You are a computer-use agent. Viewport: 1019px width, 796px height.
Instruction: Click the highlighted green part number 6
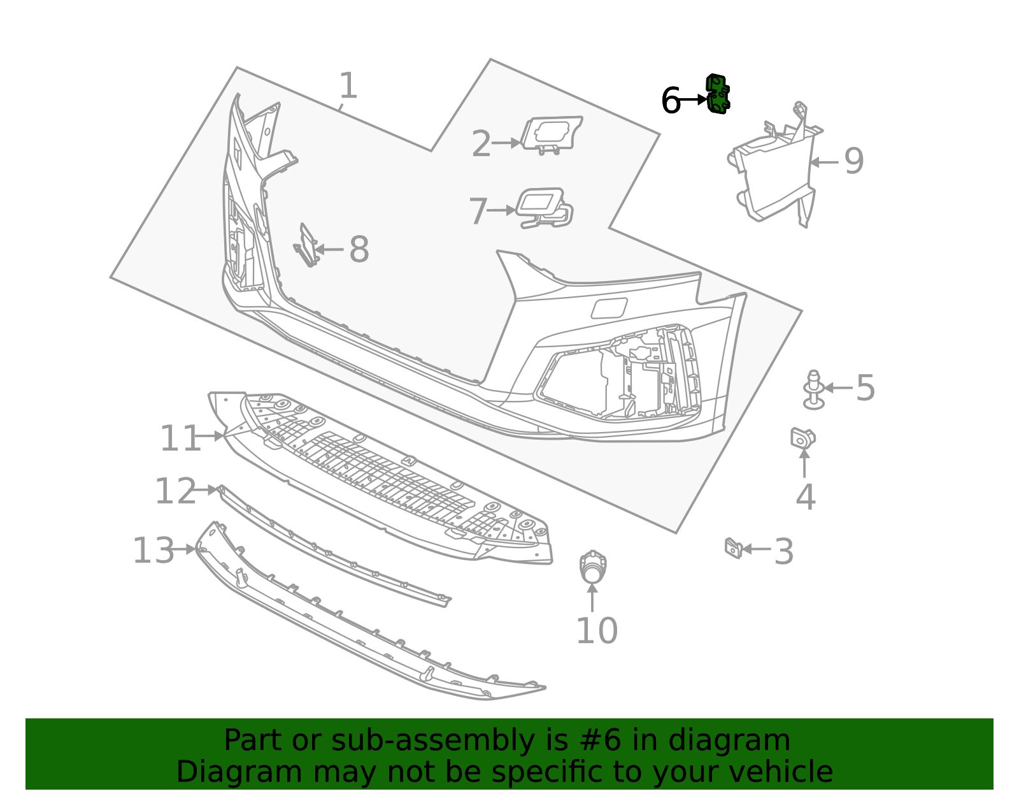pyautogui.click(x=718, y=94)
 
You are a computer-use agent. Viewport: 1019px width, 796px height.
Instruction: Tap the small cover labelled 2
pyautogui.click(x=552, y=133)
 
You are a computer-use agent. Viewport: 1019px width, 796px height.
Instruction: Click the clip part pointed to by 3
pyautogui.click(x=733, y=547)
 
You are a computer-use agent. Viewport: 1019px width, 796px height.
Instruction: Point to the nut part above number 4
pyautogui.click(x=802, y=438)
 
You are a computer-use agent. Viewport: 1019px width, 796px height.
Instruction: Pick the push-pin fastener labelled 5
pyautogui.click(x=813, y=389)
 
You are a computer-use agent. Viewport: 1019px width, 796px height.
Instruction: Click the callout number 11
pyautogui.click(x=180, y=439)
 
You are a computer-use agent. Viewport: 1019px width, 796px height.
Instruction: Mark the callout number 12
pyautogui.click(x=175, y=491)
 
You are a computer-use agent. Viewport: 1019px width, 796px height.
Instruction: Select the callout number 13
pyautogui.click(x=153, y=551)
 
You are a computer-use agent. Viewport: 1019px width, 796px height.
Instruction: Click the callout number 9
pyautogui.click(x=854, y=161)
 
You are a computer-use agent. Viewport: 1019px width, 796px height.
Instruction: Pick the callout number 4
pyautogui.click(x=806, y=497)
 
